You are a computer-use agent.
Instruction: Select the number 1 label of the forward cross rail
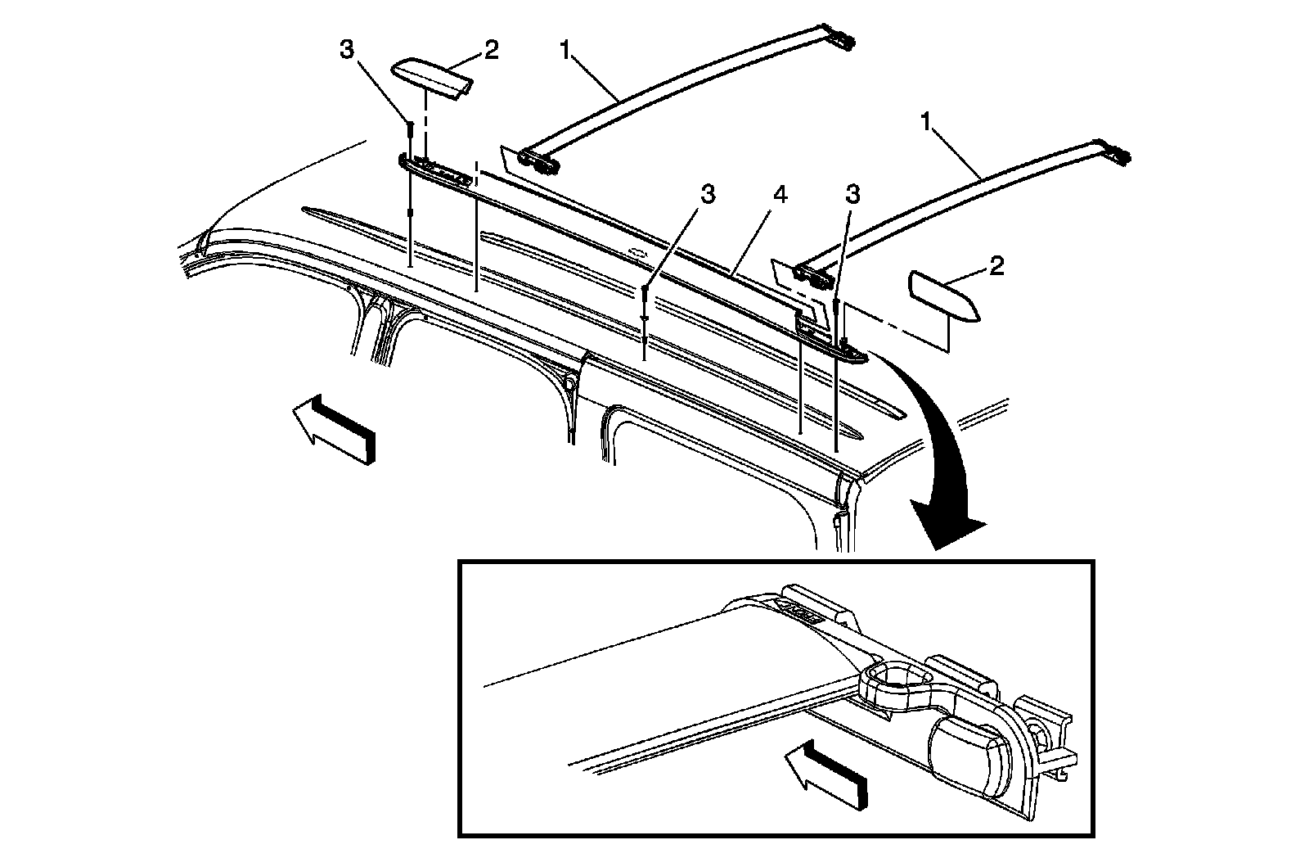pyautogui.click(x=565, y=50)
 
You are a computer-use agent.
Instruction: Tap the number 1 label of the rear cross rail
pyautogui.click(x=926, y=123)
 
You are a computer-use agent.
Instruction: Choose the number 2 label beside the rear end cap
pyautogui.click(x=996, y=267)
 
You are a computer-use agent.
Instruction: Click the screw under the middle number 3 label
pyautogui.click(x=646, y=299)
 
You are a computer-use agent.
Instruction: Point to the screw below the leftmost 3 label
pyautogui.click(x=411, y=131)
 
